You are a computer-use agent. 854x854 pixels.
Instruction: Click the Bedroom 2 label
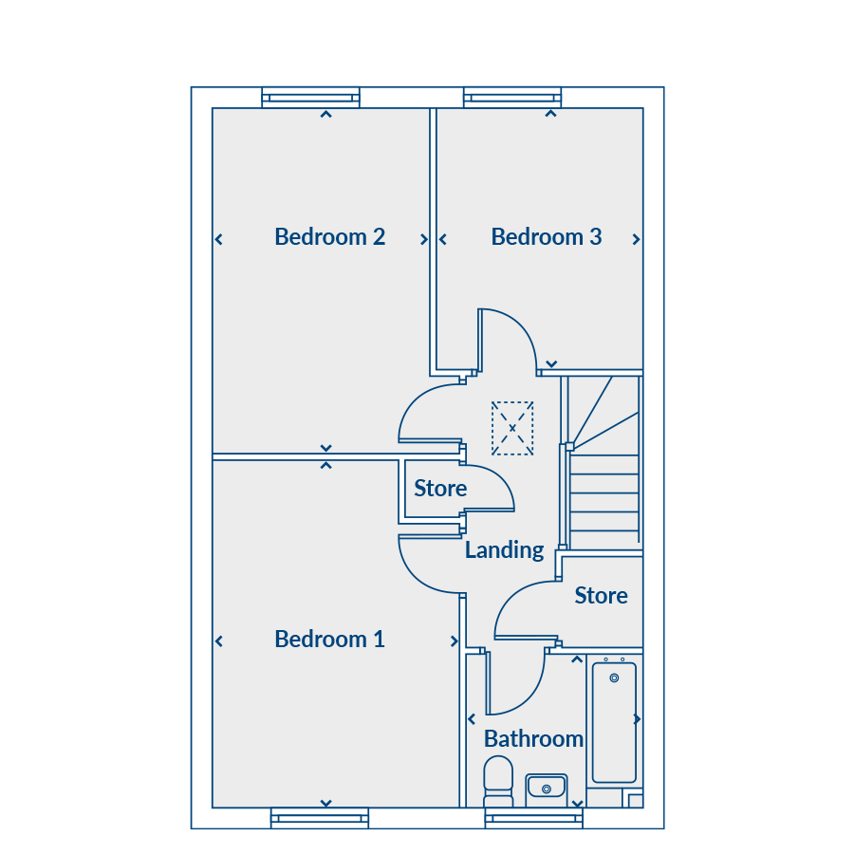point(329,236)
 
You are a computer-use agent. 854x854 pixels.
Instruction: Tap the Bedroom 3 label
point(546,236)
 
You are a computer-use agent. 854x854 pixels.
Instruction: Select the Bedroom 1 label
point(329,639)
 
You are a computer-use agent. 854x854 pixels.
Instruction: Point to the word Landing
point(504,549)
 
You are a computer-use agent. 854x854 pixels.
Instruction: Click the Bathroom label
point(533,738)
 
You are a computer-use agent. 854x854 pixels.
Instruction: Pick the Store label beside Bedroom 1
point(440,488)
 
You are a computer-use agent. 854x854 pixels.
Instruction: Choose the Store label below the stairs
point(601,595)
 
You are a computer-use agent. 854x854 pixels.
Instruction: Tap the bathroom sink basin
point(546,787)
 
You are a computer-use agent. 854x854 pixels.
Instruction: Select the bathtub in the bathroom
point(614,721)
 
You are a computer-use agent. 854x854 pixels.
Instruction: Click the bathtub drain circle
point(614,678)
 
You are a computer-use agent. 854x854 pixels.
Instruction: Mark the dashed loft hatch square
point(512,428)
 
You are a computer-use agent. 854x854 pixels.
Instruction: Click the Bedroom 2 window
point(311,97)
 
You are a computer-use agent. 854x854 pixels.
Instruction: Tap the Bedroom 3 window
point(512,97)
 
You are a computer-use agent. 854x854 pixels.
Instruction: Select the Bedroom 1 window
point(319,818)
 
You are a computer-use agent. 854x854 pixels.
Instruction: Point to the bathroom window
point(533,818)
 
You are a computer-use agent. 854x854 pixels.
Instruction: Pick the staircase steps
point(603,493)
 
